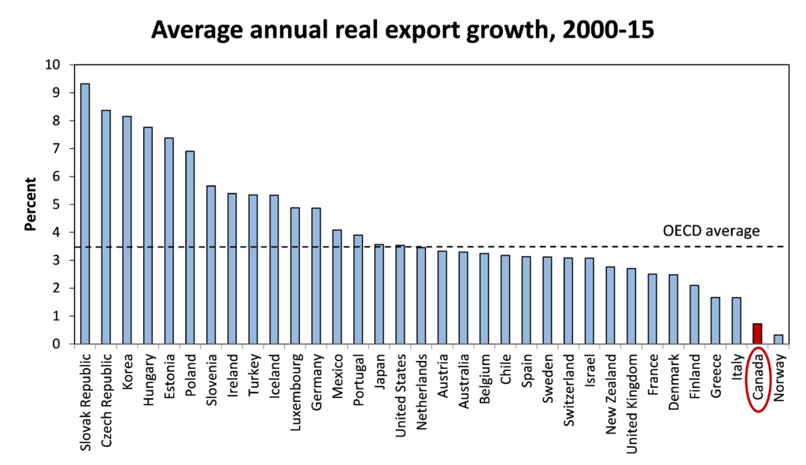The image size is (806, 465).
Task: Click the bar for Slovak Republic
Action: point(85,214)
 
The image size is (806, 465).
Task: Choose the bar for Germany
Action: point(316,276)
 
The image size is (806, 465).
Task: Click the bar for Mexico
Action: point(337,287)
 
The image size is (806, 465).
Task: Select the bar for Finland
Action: point(694,314)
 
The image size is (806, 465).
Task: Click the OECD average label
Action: point(710,231)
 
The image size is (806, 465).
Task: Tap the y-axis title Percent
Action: point(31,204)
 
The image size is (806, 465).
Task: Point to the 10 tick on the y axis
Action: point(55,65)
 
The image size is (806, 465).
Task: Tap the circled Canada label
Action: point(757,381)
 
